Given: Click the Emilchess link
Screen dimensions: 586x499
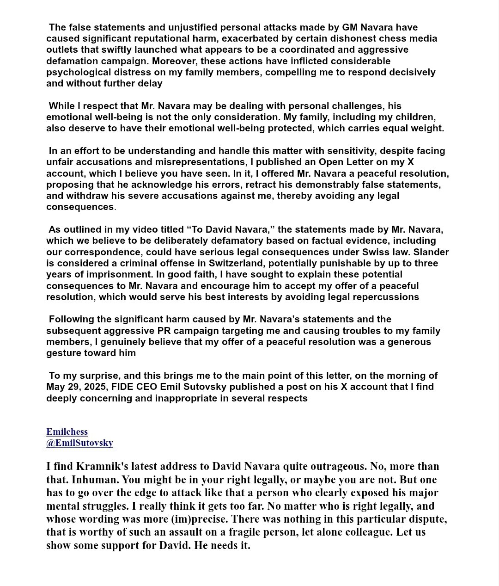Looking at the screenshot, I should tap(67, 432).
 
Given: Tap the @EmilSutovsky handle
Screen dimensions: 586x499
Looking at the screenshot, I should tap(79, 443).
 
